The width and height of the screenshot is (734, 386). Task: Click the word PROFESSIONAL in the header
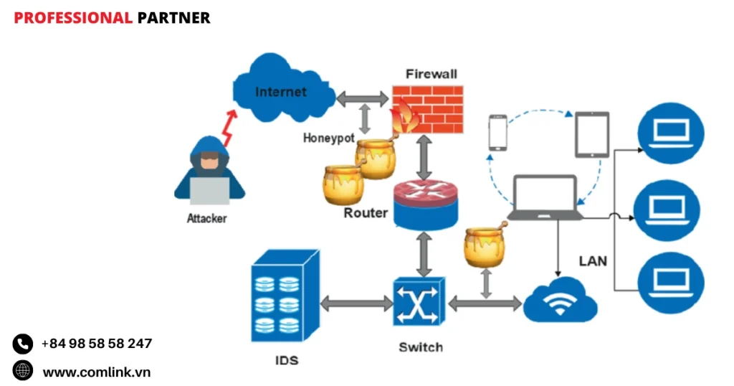coord(72,18)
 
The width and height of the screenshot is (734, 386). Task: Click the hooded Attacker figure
coord(209,172)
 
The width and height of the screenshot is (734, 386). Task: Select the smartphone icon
coord(498,133)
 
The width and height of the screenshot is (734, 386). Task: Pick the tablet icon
coord(592,134)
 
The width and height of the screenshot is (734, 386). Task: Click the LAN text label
coord(593,260)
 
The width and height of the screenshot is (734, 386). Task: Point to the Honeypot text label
coord(328,138)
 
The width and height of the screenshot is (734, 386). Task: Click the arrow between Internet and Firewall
coord(361,98)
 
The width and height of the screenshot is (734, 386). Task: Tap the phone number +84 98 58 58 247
coord(97,344)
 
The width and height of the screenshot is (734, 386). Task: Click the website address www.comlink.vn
coord(97,372)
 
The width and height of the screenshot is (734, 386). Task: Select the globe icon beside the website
coord(23,371)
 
